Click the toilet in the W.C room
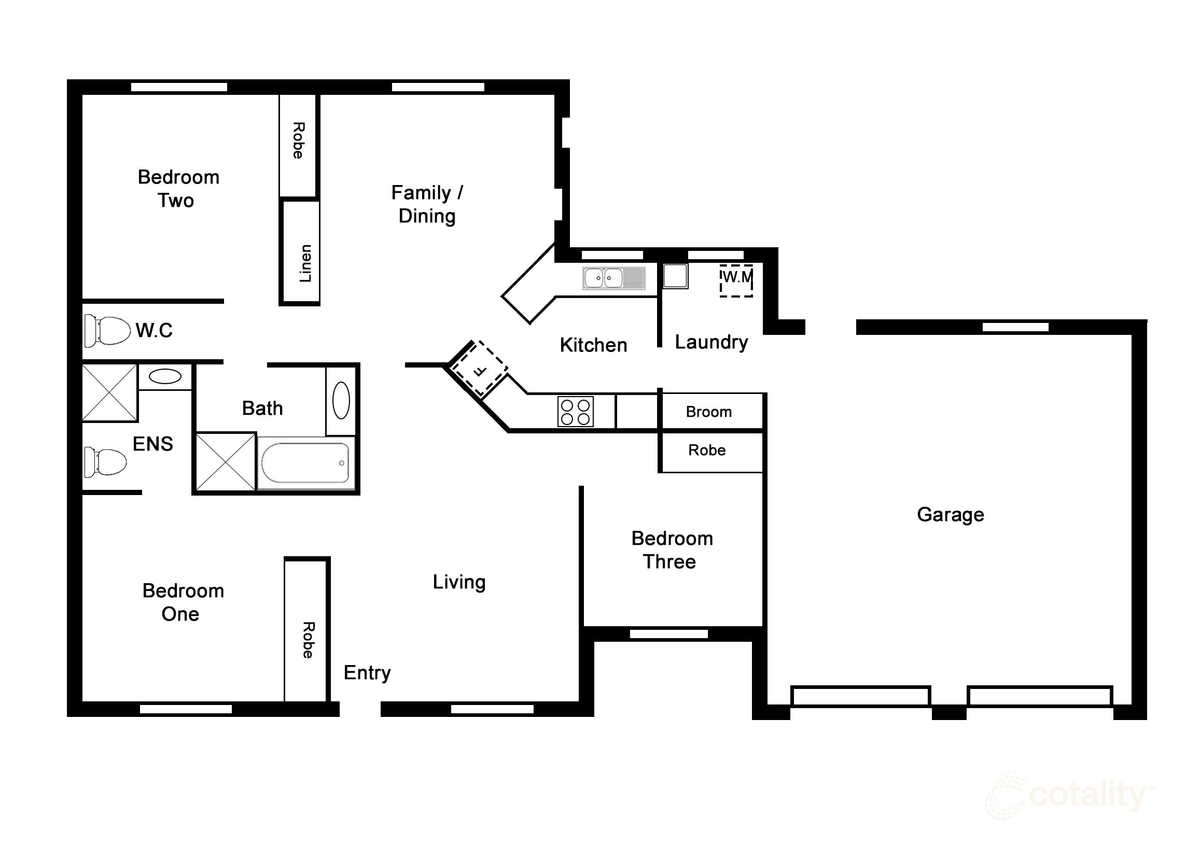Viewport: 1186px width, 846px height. [x=107, y=330]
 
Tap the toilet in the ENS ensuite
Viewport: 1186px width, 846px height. [x=106, y=462]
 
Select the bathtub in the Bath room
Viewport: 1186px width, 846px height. [x=306, y=463]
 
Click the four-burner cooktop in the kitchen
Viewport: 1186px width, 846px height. [x=575, y=412]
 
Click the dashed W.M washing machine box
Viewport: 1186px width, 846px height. [x=736, y=281]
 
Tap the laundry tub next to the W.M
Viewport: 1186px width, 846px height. [x=675, y=276]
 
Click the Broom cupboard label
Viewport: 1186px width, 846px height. [x=709, y=412]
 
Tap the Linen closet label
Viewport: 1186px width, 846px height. [x=305, y=263]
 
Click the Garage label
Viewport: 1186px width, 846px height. [x=950, y=515]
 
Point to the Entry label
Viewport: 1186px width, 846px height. [x=367, y=672]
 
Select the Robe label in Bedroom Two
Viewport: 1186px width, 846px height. [x=298, y=140]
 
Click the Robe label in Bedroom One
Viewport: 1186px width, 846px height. [x=308, y=640]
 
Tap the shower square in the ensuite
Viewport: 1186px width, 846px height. [x=110, y=393]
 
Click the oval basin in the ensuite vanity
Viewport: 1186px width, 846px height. [x=165, y=376]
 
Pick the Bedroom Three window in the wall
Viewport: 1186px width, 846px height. [x=668, y=634]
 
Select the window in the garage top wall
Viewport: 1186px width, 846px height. [x=1015, y=327]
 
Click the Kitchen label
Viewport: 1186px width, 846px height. [x=593, y=345]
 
